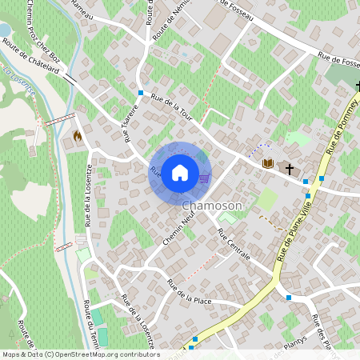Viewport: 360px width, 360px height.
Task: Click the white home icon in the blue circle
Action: click(180, 172)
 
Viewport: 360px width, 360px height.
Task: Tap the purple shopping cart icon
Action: click(204, 178)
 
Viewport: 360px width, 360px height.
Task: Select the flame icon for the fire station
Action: click(78, 136)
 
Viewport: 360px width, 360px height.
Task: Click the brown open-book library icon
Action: click(268, 163)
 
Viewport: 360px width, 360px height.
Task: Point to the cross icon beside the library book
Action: click(289, 169)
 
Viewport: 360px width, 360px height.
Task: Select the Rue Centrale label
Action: click(234, 244)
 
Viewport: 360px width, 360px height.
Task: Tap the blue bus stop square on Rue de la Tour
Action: click(140, 94)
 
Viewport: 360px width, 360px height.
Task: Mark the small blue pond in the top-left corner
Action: click(4, 30)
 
